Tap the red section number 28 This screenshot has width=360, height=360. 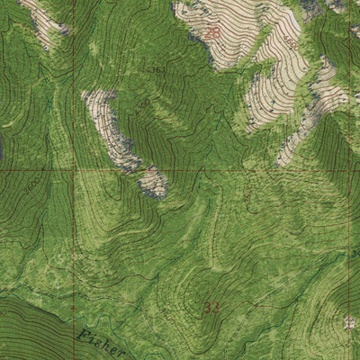pyautogui.click(x=211, y=34)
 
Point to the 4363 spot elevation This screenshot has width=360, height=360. pyautogui.click(x=156, y=69)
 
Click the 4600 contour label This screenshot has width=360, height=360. pyautogui.click(x=290, y=41)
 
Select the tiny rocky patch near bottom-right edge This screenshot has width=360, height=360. pyautogui.click(x=349, y=323)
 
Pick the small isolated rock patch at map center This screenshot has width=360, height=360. pyautogui.click(x=153, y=182)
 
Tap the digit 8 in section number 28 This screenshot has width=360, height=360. pyautogui.click(x=216, y=34)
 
